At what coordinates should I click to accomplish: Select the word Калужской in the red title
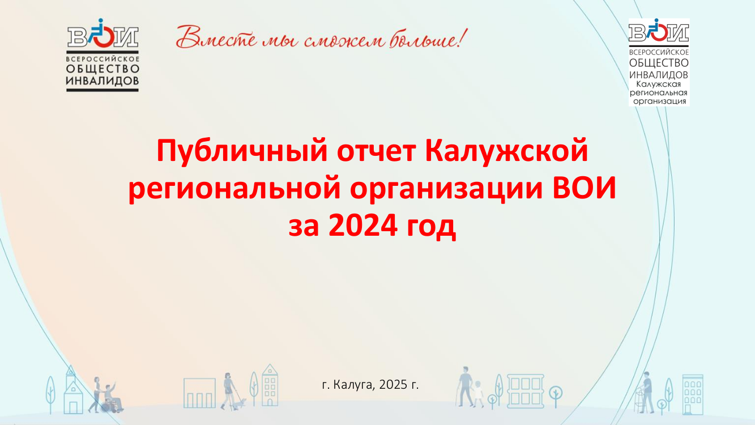[506, 151]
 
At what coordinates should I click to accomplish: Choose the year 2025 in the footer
[393, 384]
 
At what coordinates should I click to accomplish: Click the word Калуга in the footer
[354, 385]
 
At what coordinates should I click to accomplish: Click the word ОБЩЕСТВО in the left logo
[103, 69]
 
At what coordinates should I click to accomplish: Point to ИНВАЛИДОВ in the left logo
[103, 80]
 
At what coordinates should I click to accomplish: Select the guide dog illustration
[240, 403]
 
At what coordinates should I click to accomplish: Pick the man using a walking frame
[646, 393]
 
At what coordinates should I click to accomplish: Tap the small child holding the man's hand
[478, 394]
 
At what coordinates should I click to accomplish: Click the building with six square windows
[526, 391]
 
